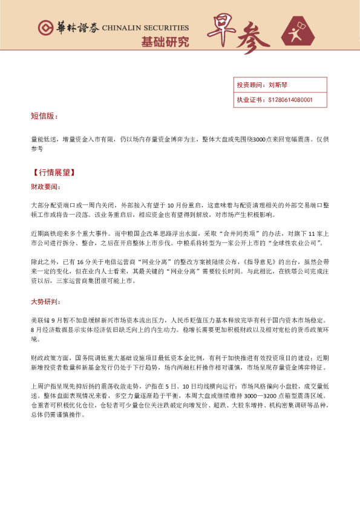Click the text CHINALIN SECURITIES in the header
click(145, 28)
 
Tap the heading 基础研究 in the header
click(165, 42)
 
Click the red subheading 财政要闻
click(45, 187)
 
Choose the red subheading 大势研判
click(45, 300)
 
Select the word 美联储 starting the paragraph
click(38, 319)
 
